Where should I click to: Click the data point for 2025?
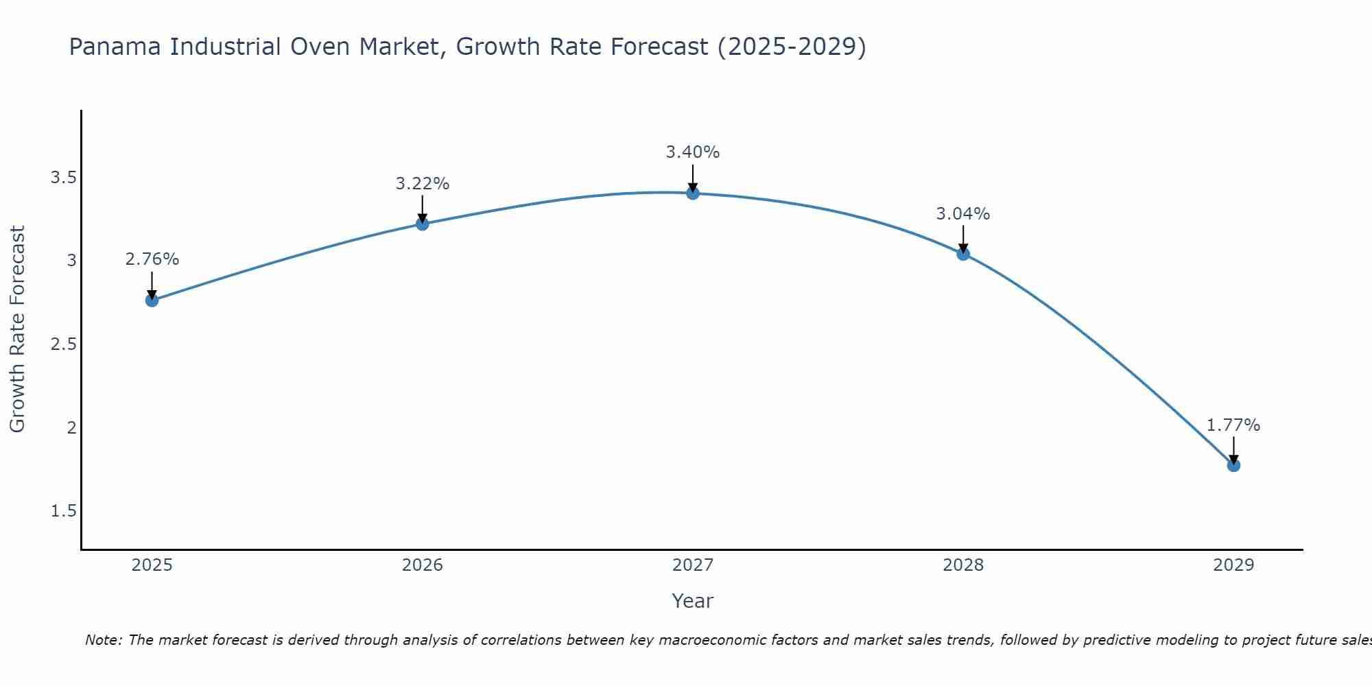[152, 300]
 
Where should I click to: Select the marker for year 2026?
[422, 224]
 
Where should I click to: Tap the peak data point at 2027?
[693, 193]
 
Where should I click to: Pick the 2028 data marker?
[963, 254]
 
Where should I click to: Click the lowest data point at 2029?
[1233, 465]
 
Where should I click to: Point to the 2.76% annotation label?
[152, 259]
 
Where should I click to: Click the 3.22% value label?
[422, 184]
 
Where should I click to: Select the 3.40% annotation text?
[693, 152]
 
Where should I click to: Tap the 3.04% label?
[963, 214]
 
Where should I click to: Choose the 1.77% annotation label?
[1233, 425]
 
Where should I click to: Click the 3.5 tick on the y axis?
[63, 178]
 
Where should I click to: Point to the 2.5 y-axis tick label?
[63, 344]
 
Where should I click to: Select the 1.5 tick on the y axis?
[63, 511]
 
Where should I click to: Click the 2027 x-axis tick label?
[693, 565]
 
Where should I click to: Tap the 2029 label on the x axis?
[1233, 565]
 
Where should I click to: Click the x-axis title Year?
[693, 601]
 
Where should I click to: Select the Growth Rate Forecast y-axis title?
[17, 329]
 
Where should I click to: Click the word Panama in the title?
[116, 47]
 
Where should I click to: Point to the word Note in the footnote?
[103, 640]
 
